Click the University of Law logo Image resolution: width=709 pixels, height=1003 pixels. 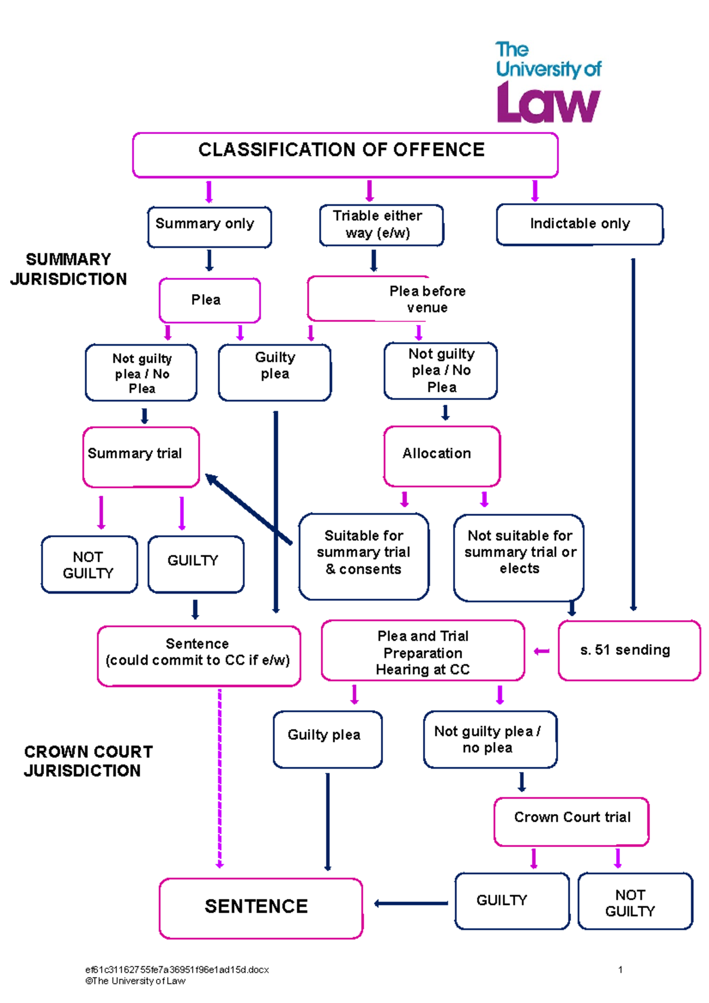coord(548,83)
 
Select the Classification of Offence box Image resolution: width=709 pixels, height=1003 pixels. coord(345,155)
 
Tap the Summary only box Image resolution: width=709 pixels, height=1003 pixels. coord(209,226)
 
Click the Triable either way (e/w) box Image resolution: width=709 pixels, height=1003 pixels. coord(381,225)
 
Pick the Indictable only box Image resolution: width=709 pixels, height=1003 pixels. coord(580,224)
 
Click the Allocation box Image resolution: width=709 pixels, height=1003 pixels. coord(441,455)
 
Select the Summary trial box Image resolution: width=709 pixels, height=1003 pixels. coord(141,457)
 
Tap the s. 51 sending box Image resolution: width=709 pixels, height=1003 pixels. coord(629,650)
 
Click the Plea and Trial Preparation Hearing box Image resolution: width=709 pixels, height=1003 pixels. coord(422,651)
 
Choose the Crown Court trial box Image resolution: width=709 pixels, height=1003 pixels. coord(571,821)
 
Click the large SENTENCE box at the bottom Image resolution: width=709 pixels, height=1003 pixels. coord(261,908)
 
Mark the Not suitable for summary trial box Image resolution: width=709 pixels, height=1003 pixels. coord(519,557)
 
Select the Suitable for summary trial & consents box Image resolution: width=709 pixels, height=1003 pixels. coord(363,556)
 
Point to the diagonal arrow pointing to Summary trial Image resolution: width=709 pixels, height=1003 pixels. coord(248,509)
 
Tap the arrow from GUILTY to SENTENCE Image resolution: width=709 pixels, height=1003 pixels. coord(411,903)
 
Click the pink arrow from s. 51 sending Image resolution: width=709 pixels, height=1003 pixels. coord(541,651)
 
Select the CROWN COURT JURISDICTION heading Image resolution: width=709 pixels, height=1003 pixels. coord(88,761)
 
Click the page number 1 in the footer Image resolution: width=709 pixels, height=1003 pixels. coord(620,969)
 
